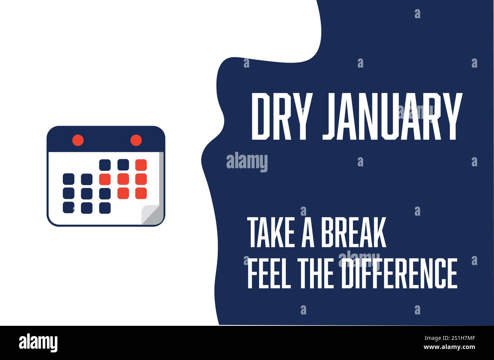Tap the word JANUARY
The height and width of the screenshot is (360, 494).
tap(392, 117)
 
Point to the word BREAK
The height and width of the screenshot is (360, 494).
tap(353, 232)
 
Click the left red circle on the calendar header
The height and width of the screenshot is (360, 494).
tap(78, 140)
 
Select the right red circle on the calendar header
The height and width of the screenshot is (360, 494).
tap(136, 140)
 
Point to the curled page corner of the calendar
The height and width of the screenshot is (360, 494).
tap(150, 215)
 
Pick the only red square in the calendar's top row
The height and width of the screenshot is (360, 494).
tap(141, 165)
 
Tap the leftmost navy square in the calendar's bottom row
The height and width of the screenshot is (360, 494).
tap(68, 207)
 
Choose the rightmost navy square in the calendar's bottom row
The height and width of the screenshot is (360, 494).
tap(105, 207)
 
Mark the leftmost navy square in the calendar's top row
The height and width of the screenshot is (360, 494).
tap(105, 165)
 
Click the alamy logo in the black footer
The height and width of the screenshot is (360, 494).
tap(38, 342)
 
